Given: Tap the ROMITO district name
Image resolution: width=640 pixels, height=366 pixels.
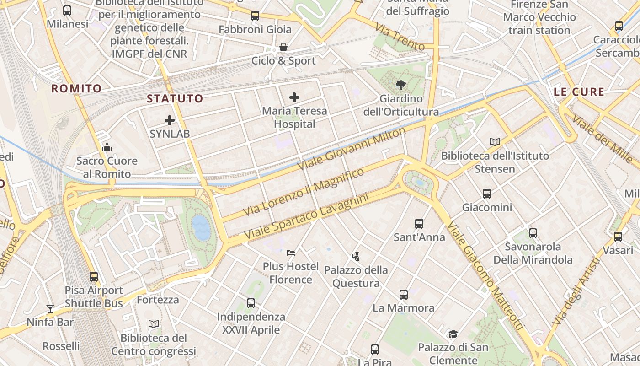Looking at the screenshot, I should [76, 88].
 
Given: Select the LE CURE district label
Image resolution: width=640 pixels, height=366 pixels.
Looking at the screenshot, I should [579, 91].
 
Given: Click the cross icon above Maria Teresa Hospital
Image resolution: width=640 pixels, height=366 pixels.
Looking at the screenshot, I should [294, 97].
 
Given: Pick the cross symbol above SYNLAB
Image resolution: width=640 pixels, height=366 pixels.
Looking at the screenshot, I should [170, 120].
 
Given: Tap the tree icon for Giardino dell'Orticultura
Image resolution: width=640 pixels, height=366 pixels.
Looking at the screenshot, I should [401, 85].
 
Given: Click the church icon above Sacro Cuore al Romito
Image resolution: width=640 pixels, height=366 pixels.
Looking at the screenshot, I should [107, 147].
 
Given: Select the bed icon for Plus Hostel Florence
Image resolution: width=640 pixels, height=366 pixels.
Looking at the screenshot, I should [291, 253].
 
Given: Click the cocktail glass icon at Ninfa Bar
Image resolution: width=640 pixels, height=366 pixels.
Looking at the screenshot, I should [50, 308].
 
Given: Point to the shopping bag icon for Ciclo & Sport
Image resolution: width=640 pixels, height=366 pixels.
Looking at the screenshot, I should [283, 47].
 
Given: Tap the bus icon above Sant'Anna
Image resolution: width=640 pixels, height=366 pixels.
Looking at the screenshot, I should [419, 223].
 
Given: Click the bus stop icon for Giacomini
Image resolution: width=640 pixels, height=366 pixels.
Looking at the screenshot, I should [487, 194].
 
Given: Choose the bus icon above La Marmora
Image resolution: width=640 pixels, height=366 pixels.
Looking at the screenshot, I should [403, 294].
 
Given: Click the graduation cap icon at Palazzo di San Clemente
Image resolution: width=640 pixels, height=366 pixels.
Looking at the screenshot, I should [453, 334].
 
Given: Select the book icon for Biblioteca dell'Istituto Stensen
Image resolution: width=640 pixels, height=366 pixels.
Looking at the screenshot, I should [495, 142].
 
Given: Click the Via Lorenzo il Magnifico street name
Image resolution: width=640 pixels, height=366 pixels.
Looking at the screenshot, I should [304, 192].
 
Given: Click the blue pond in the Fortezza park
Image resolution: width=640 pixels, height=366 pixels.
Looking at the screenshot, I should [201, 228].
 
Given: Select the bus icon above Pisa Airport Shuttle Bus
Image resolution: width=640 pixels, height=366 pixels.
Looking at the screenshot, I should [94, 276].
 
